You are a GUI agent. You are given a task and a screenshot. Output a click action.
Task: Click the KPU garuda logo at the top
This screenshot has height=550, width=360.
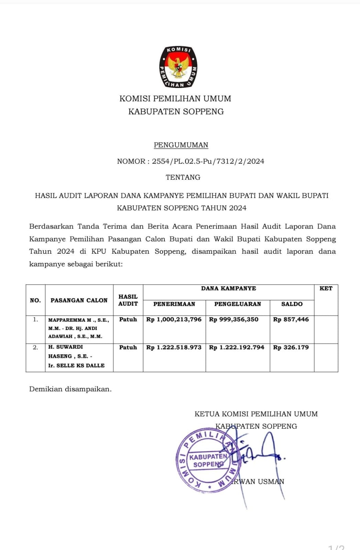tap(178, 67)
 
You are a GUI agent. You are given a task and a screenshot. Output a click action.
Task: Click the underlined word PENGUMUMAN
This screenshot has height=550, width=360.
tap(181, 145)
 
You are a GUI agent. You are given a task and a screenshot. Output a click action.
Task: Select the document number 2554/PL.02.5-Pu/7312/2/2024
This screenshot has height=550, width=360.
tap(208, 161)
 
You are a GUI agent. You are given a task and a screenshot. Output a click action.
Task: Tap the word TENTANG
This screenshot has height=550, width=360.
tap(183, 177)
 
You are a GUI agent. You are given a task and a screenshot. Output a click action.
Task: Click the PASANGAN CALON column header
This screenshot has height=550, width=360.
tap(79, 300)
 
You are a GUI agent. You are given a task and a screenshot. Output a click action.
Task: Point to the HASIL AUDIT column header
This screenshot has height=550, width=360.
tap(128, 300)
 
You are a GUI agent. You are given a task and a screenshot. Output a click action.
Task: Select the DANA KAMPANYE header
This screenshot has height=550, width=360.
tap(228, 288)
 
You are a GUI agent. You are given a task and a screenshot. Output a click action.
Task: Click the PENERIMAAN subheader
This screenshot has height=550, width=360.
tap(174, 304)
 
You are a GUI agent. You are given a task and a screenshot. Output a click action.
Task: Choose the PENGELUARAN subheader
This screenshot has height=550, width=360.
tap(238, 304)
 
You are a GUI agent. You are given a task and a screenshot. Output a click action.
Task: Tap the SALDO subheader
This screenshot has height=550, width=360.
tap(292, 304)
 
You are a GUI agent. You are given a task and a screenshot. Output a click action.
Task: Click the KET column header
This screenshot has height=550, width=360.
tap(326, 288)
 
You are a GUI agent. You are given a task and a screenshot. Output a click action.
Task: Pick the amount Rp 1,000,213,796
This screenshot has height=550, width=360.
tap(174, 319)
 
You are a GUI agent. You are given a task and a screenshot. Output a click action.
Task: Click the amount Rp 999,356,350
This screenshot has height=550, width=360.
tap(234, 319)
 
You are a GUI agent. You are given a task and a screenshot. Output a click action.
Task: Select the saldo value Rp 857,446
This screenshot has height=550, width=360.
tap(291, 319)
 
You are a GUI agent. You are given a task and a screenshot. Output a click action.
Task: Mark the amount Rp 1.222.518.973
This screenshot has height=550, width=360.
tap(174, 347)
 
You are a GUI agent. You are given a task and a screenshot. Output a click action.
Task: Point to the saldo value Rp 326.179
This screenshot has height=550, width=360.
tap(291, 347)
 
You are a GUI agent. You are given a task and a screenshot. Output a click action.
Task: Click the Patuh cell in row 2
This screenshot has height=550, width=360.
tap(128, 347)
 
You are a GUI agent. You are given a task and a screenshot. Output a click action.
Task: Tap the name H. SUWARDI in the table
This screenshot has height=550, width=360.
tap(65, 347)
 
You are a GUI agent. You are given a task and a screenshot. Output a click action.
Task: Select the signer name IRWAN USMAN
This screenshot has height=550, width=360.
tap(258, 482)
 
